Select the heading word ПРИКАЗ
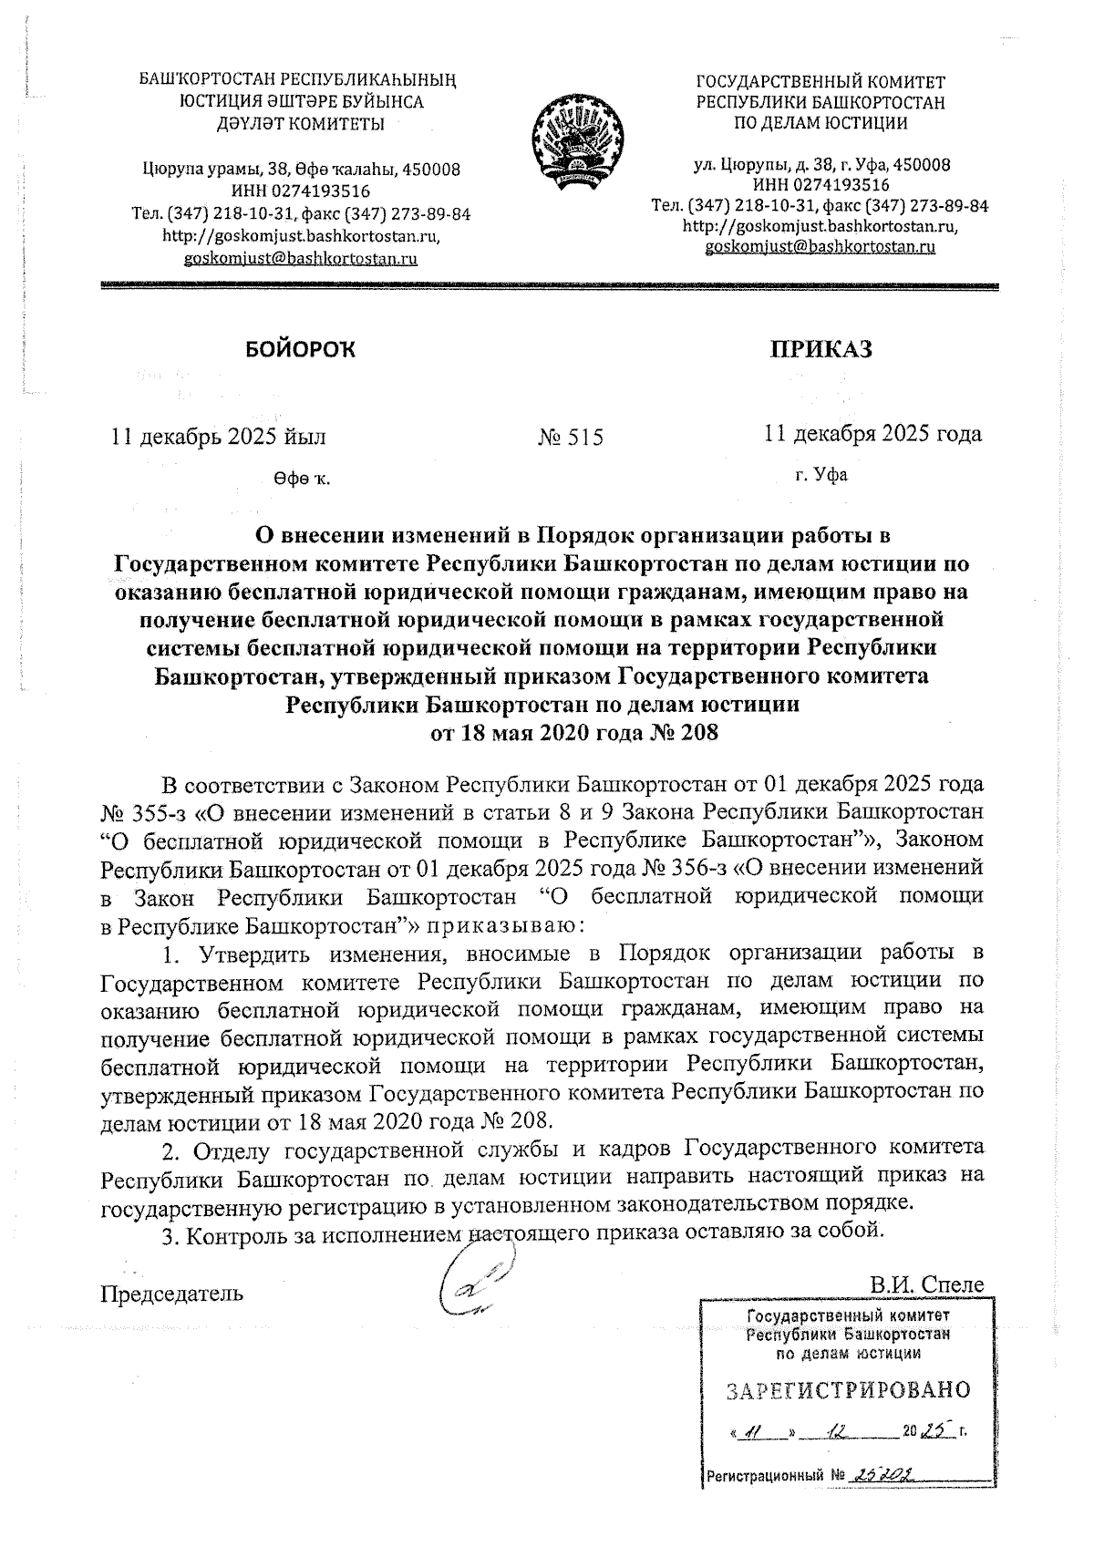click(x=821, y=349)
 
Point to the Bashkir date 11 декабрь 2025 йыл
click(x=218, y=437)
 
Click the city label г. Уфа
click(x=820, y=475)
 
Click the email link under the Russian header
click(x=820, y=247)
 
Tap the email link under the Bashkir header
click(x=301, y=258)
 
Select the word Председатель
click(x=171, y=1294)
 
